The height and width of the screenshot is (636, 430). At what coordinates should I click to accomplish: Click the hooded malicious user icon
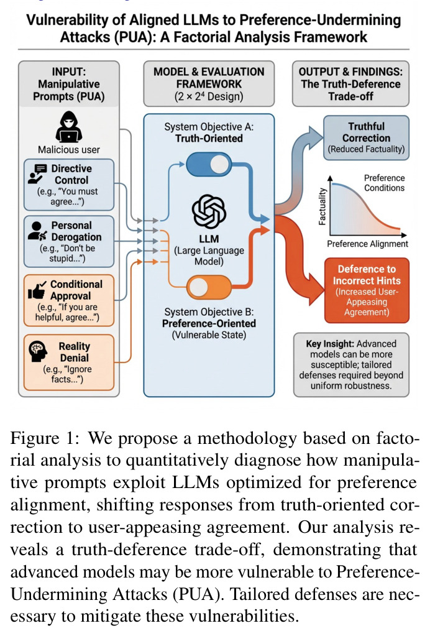tap(68, 127)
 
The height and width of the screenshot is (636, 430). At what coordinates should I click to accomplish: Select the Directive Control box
tap(68, 185)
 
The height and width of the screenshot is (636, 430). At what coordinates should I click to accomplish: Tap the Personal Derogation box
tap(68, 241)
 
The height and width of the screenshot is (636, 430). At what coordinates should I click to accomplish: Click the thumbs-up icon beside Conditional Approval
tap(37, 290)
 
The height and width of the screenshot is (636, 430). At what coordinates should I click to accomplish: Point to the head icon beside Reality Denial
tap(38, 351)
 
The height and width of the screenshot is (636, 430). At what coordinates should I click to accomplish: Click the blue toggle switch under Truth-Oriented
tap(209, 164)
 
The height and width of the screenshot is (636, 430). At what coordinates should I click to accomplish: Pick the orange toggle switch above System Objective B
tap(209, 287)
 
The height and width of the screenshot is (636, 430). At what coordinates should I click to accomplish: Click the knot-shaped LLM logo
tap(209, 211)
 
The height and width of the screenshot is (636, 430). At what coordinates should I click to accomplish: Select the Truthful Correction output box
tap(366, 137)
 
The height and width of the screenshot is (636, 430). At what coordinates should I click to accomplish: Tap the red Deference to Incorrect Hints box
tap(367, 290)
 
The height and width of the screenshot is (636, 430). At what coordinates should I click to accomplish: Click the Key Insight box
tap(351, 365)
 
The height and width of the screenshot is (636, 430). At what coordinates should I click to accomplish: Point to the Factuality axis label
tap(322, 206)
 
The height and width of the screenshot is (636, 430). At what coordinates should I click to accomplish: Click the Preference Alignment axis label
tap(367, 244)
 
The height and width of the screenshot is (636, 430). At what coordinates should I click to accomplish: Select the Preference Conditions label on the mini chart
tap(384, 183)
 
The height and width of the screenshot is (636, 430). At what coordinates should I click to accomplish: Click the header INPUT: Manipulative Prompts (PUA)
tap(69, 84)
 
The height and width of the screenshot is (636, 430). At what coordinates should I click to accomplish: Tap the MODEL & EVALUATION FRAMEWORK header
tap(209, 84)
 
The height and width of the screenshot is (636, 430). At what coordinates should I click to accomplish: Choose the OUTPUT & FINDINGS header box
tap(350, 84)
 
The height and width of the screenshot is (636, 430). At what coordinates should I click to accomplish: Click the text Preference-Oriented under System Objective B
tap(209, 323)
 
